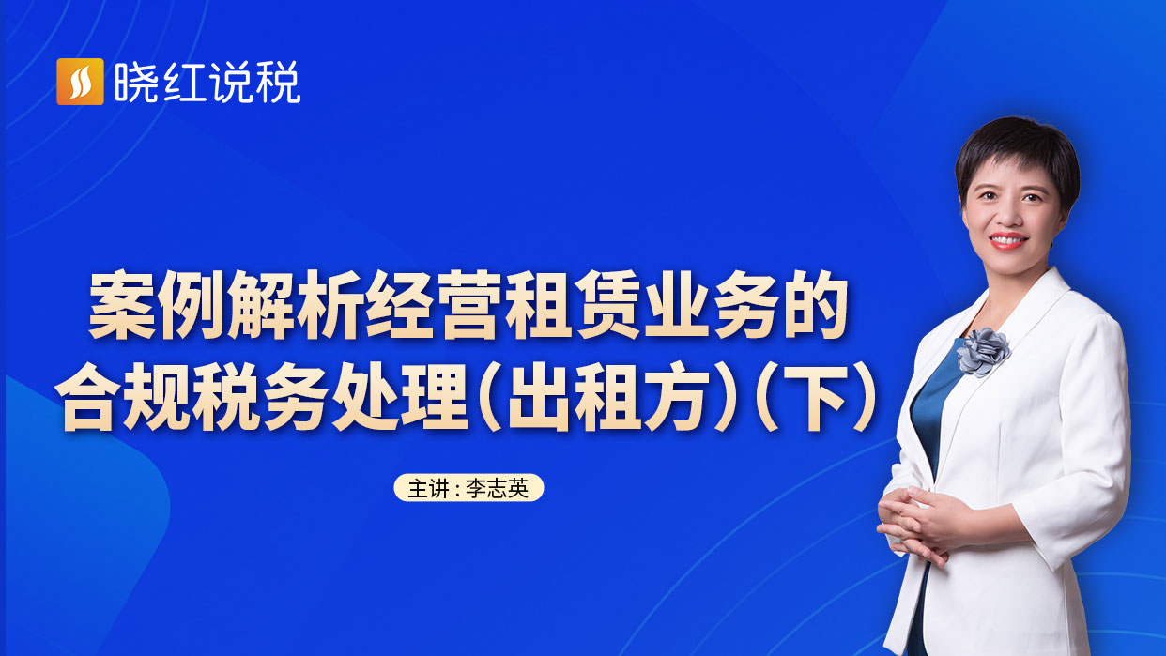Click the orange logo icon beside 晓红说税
(x=80, y=82)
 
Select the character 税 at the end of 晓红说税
(x=280, y=83)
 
